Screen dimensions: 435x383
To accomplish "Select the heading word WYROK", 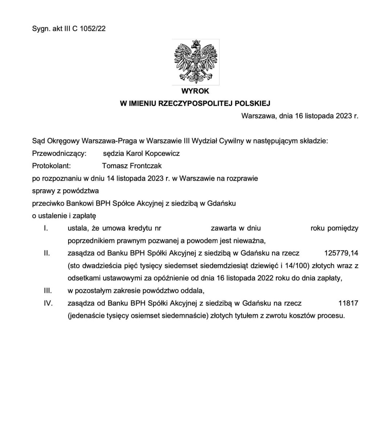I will (x=195, y=91).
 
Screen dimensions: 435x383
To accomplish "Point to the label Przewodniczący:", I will (x=59, y=153).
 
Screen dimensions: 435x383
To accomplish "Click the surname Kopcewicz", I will (x=162, y=153).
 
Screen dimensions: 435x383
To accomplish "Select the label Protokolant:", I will (x=51, y=166).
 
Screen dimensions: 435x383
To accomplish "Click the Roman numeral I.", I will (x=45, y=228).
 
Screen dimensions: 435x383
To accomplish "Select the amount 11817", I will (x=348, y=303).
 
